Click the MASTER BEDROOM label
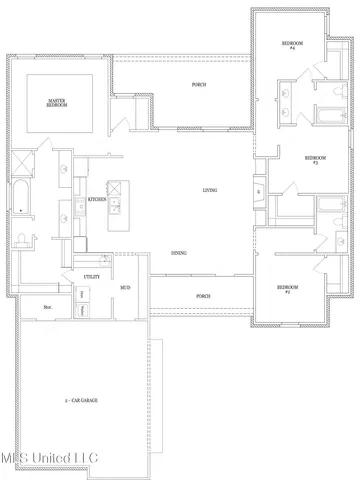[57, 103]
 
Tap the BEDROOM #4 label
[291, 45]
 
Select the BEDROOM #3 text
[316, 159]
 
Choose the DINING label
[179, 253]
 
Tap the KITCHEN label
[97, 199]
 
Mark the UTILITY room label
[91, 276]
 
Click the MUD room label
[125, 287]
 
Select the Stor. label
[47, 307]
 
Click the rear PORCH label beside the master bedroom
[199, 85]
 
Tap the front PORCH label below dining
[203, 296]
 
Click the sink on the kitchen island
[116, 207]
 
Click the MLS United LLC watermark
[50, 459]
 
